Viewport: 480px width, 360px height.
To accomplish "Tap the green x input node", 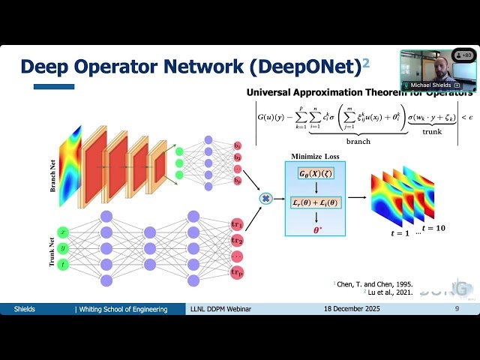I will [63, 233].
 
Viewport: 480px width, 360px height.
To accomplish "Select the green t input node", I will [63, 264].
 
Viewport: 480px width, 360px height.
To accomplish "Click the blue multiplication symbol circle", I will [265, 198].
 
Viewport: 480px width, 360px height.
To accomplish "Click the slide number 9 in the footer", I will [457, 309].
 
